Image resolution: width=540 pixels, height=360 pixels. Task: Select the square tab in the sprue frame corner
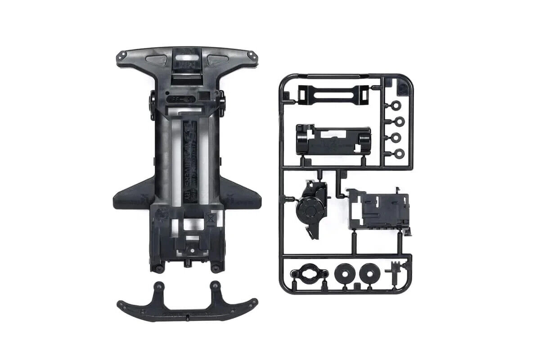401,87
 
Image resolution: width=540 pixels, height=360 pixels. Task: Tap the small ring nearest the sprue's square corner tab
396,106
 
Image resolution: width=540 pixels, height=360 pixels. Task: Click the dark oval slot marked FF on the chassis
180,97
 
